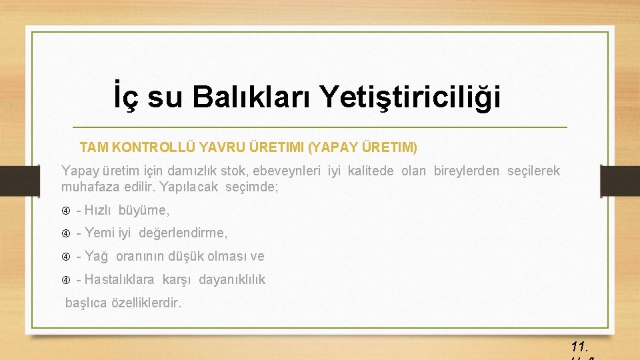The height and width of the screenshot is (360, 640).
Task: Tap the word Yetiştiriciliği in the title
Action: tap(409, 97)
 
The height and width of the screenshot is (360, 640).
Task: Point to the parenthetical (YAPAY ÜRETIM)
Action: tap(363, 145)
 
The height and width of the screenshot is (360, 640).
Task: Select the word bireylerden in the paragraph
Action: tap(466, 171)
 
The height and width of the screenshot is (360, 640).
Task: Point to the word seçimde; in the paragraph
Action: tap(252, 187)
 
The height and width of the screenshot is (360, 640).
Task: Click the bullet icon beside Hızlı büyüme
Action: tap(66, 211)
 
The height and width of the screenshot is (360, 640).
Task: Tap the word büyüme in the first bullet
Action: tap(143, 211)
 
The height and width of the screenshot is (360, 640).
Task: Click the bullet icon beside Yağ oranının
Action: tap(66, 257)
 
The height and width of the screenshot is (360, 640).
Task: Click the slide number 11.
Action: tap(579, 347)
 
